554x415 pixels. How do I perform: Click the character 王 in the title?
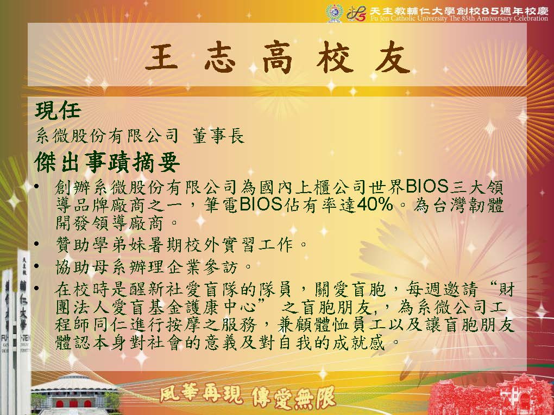click(x=161, y=58)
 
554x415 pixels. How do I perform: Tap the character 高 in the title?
click(x=278, y=58)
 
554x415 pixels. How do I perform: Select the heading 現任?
click(x=58, y=110)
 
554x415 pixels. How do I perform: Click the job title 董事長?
click(x=218, y=136)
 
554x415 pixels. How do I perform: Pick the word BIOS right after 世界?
click(x=427, y=186)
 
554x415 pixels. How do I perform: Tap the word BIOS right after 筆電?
click(x=261, y=205)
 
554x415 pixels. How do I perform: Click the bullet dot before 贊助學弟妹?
click(x=37, y=244)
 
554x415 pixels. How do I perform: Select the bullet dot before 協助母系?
click(x=37, y=265)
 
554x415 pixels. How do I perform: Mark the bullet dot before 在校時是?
click(x=37, y=288)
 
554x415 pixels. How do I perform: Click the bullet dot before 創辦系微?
click(x=37, y=186)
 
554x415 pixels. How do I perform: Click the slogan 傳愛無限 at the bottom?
click(x=293, y=397)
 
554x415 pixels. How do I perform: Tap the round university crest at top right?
click(x=334, y=13)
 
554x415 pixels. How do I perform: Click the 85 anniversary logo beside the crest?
click(x=356, y=14)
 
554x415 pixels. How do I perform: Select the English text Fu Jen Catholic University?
click(x=409, y=18)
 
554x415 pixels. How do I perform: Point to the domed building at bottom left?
click(x=75, y=393)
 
